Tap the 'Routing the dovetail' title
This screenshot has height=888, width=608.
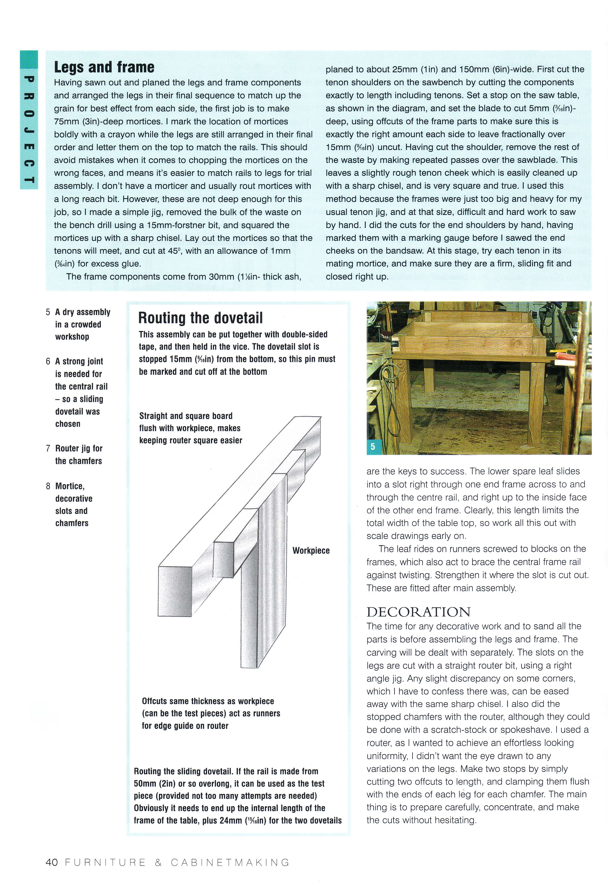click(x=201, y=318)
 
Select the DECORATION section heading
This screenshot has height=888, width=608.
click(x=418, y=612)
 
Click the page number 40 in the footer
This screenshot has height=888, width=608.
click(x=51, y=863)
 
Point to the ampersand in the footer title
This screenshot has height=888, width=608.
click(x=158, y=863)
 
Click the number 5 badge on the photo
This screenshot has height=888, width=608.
click(x=373, y=447)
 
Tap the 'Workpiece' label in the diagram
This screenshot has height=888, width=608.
click(x=311, y=551)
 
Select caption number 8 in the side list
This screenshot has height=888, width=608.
click(x=48, y=486)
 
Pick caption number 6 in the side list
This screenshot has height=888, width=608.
click(x=48, y=361)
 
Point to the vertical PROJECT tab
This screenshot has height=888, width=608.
click(x=29, y=120)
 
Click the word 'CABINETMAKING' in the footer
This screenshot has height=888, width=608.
click(x=230, y=863)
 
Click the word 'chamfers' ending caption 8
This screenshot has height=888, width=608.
click(x=72, y=523)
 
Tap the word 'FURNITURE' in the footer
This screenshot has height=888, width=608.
click(x=105, y=863)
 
